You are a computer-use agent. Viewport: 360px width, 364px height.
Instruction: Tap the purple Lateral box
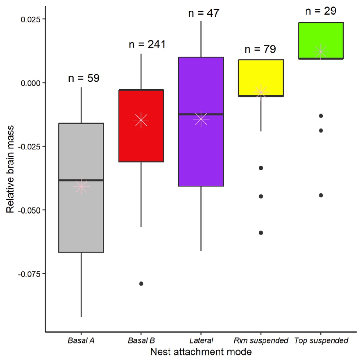click(201, 153)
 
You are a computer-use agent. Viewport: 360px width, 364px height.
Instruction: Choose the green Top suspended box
click(320, 35)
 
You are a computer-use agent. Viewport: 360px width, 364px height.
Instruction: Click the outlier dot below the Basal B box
click(141, 283)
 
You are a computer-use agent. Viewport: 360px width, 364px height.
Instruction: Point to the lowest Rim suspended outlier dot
click(261, 233)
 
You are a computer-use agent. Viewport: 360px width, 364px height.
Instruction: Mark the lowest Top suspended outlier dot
click(321, 195)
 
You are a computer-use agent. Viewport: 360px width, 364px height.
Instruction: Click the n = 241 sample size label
click(147, 45)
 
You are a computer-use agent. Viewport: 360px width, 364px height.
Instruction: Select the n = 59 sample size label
click(84, 78)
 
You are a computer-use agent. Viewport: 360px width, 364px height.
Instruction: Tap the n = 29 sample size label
click(320, 11)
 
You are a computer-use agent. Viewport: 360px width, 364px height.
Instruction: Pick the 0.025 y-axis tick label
click(31, 19)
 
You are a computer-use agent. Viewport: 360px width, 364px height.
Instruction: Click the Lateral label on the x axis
click(201, 340)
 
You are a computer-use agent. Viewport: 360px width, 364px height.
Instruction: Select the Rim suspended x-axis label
click(261, 340)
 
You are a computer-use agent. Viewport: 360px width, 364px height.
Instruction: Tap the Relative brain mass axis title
click(10, 169)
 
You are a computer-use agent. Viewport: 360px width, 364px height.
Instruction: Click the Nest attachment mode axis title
click(201, 352)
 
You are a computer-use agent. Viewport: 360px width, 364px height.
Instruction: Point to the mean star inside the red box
click(141, 120)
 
